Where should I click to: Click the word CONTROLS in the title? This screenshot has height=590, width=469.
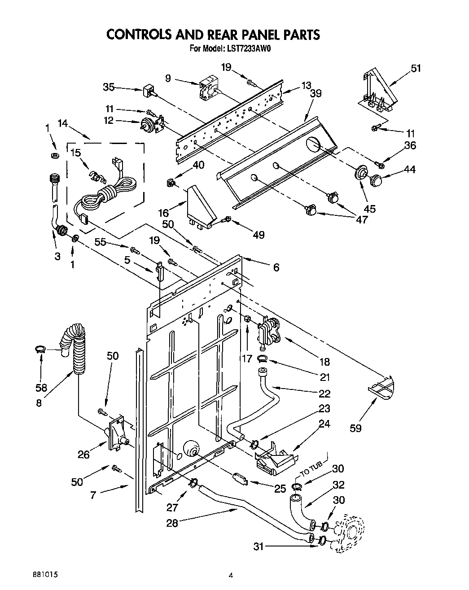tap(140, 35)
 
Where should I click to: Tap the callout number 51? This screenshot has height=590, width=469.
tap(416, 68)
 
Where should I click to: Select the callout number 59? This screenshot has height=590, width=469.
tap(356, 428)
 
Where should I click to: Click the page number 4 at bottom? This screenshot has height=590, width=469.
tap(231, 575)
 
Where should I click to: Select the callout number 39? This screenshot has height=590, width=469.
tap(316, 93)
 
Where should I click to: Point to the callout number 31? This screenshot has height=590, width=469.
tap(258, 546)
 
